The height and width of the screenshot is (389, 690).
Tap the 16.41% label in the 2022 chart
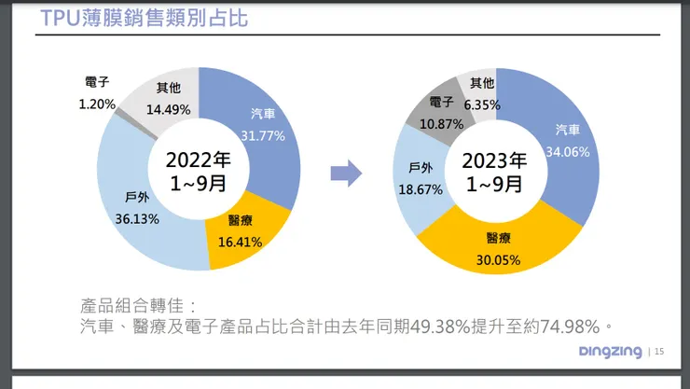pos(239,242)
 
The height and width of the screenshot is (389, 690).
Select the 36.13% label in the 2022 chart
pos(135,219)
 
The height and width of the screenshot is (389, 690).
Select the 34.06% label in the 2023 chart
pos(568,152)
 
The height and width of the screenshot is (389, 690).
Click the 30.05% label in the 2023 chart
pos(491,259)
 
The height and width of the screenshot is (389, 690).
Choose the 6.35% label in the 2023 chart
pos(483,104)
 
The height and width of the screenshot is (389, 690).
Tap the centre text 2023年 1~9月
pos(494,172)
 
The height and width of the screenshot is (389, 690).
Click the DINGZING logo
pos(610,352)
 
